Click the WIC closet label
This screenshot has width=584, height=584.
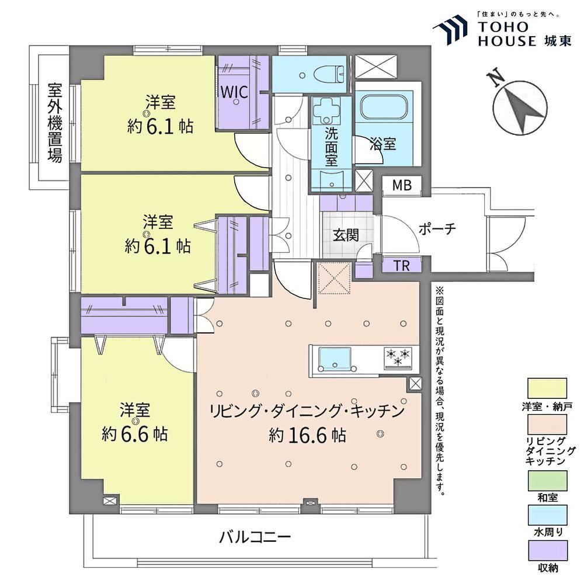point(234,92)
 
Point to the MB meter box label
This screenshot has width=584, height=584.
point(402,185)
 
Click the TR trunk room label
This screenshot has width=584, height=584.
point(402,266)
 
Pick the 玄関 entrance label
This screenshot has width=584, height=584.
point(346,235)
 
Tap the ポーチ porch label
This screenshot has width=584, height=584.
point(437,229)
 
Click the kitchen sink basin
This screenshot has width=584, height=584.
point(335,359)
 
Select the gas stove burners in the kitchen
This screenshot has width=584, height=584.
point(398,357)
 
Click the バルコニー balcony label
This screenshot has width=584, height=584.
point(255,537)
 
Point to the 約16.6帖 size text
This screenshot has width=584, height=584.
point(307,435)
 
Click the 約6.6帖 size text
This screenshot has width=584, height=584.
point(135,433)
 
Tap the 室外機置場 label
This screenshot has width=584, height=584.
point(55,123)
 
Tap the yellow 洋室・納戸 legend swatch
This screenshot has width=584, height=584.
point(547,388)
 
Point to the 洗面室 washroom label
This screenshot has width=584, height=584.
point(332,147)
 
